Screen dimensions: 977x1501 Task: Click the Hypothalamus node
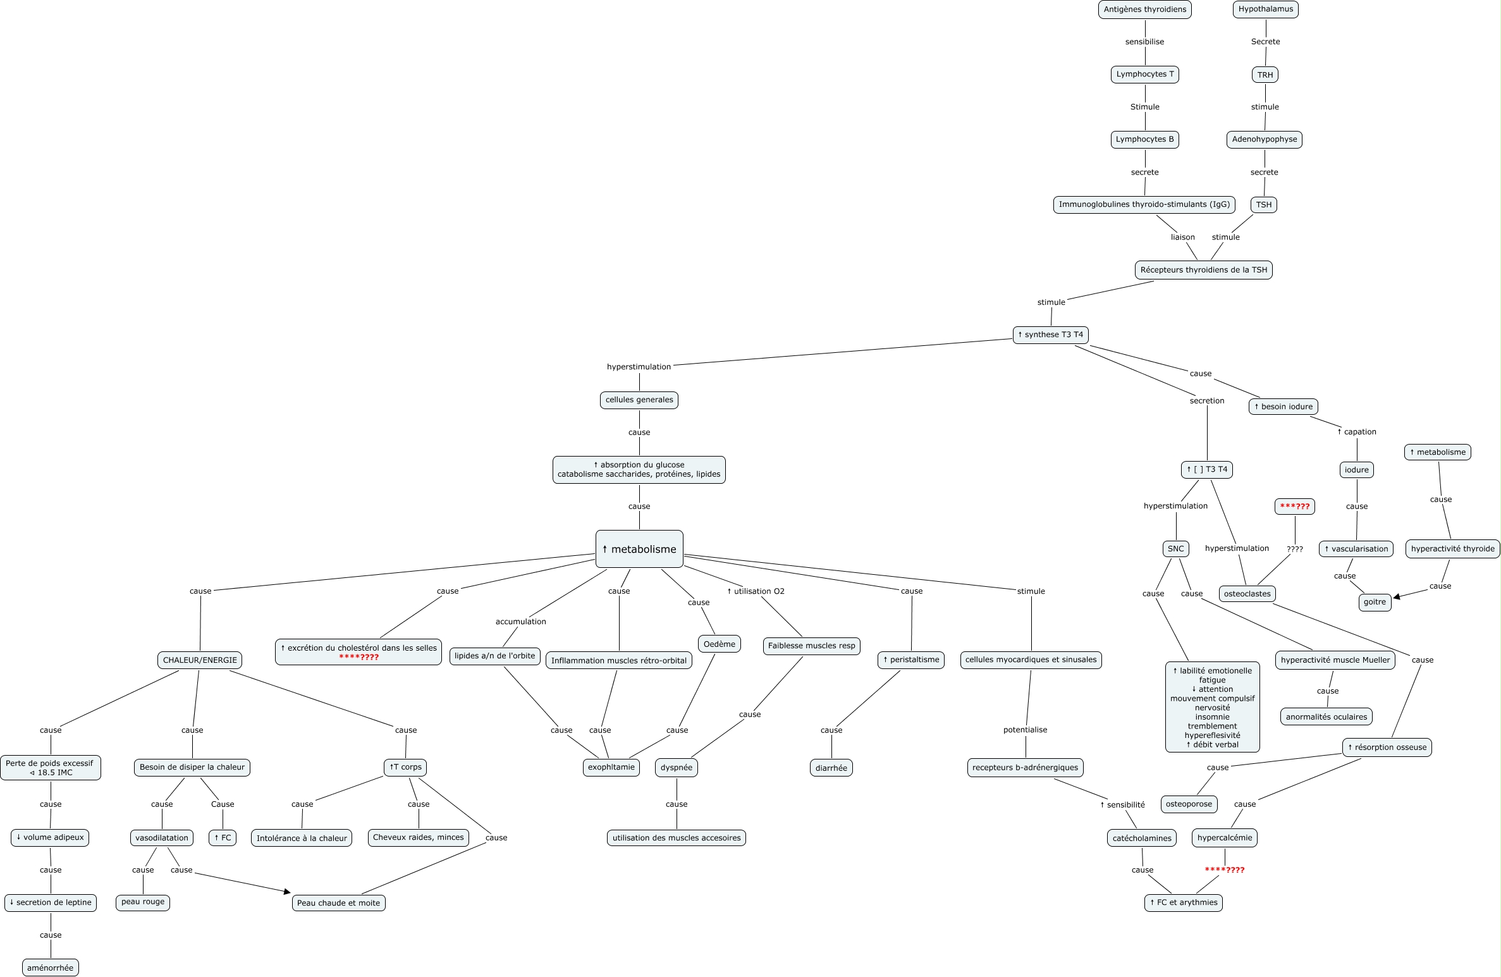click(x=1265, y=9)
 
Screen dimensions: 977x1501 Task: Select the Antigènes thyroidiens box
click(x=1144, y=9)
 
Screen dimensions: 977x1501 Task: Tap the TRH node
click(x=1265, y=75)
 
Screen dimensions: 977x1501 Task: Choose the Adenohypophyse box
click(x=1264, y=139)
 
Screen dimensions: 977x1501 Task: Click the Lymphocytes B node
click(x=1144, y=139)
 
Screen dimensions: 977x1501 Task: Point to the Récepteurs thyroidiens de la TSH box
click(x=1203, y=270)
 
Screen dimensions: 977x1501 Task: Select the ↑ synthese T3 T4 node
click(x=1050, y=335)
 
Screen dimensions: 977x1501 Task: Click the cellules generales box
click(x=639, y=400)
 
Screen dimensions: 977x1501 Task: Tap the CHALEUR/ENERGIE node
click(x=200, y=660)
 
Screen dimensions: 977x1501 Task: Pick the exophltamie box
click(x=611, y=767)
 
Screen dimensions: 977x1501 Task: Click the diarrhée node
click(x=831, y=768)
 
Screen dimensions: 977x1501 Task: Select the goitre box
click(x=1375, y=602)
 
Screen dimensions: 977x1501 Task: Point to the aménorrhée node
click(x=51, y=968)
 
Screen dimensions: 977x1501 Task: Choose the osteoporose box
click(x=1189, y=804)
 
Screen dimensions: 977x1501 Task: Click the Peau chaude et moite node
click(x=338, y=903)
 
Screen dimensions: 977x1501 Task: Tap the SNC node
click(x=1175, y=549)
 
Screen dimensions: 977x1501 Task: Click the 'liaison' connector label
click(x=1182, y=237)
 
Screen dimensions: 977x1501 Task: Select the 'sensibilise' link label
click(x=1144, y=42)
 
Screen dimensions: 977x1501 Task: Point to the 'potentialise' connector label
click(x=1025, y=730)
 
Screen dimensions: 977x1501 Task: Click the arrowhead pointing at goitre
click(x=1397, y=596)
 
